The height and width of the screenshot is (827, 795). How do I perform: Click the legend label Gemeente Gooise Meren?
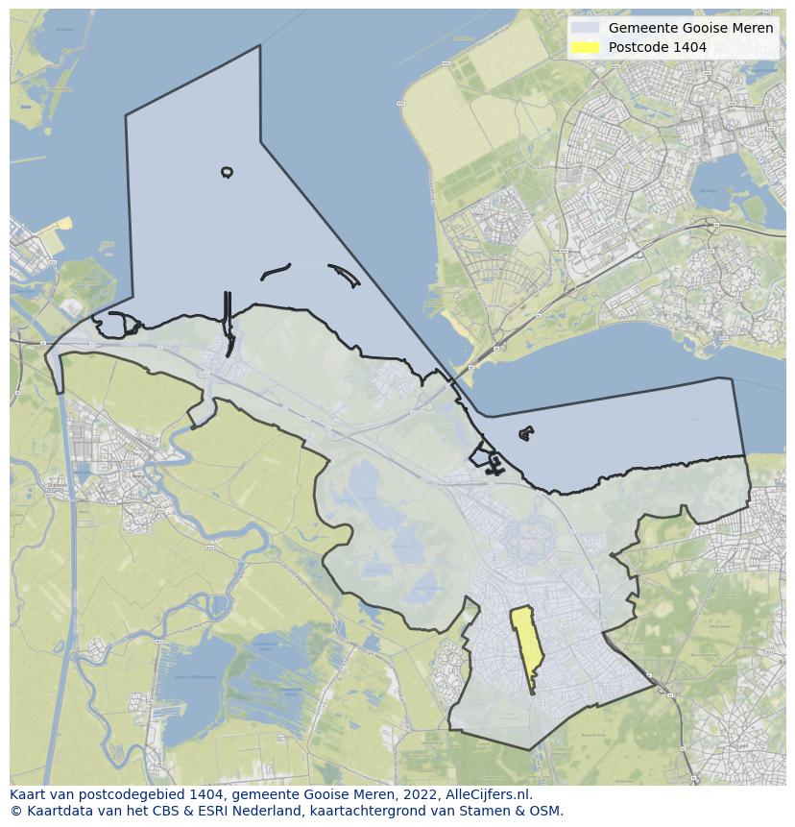pos(690,28)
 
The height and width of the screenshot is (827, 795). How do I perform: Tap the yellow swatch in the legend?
pos(584,47)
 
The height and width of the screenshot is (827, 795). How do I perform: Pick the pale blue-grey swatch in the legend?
pos(584,28)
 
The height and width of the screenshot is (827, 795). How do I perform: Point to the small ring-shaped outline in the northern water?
pos(227,172)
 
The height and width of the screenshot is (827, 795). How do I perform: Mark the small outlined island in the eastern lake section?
pos(525,434)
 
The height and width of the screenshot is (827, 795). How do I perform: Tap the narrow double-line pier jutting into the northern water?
pos(228,317)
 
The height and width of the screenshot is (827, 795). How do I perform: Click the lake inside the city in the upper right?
pos(718,179)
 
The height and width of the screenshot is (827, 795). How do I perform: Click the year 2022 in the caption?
pos(415,795)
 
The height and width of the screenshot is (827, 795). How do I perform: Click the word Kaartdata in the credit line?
pos(55,811)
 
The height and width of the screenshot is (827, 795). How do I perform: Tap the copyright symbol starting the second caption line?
pos(15,811)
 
